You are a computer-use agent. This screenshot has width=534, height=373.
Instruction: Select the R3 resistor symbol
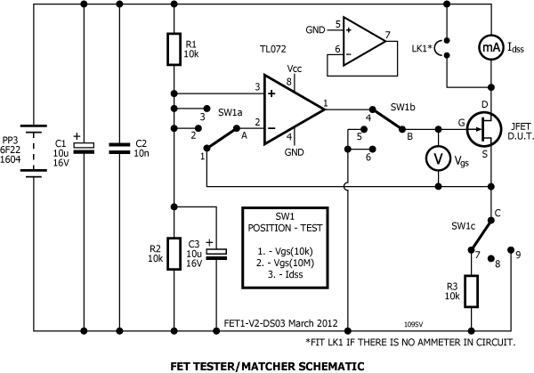tap(473, 289)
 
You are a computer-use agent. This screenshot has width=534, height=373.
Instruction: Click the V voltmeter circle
tap(436, 158)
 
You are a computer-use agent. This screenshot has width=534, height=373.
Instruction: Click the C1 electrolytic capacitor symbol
tap(85, 148)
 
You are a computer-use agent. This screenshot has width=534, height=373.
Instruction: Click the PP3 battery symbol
tap(32, 150)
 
